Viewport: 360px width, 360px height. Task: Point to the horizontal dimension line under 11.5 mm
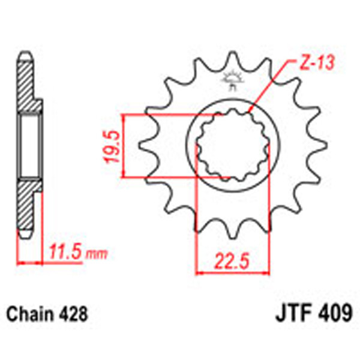point(30,262)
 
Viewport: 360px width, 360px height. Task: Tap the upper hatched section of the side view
point(27,90)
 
